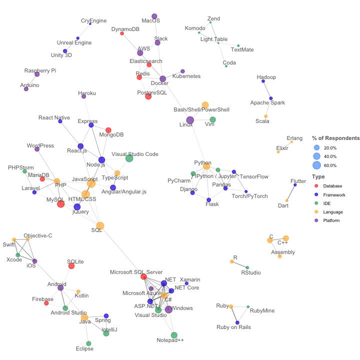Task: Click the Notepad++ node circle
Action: [174, 335]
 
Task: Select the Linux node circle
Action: [190, 120]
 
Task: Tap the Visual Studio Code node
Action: [129, 158]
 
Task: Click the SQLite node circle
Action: [71, 265]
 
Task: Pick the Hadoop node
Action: [263, 81]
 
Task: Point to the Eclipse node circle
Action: [89, 343]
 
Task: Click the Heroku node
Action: [83, 96]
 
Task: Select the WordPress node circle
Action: [37, 149]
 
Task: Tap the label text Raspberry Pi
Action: [40, 70]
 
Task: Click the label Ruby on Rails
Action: [233, 327]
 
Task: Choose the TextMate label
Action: [242, 49]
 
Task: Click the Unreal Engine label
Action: [74, 42]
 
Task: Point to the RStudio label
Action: [251, 272]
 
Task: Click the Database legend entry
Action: [330, 186]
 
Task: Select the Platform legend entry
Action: [330, 220]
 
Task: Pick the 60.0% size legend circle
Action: [316, 165]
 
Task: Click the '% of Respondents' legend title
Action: [335, 138]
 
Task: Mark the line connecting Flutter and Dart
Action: [291, 192]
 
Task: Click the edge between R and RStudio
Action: [239, 264]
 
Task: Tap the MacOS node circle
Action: [154, 16]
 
